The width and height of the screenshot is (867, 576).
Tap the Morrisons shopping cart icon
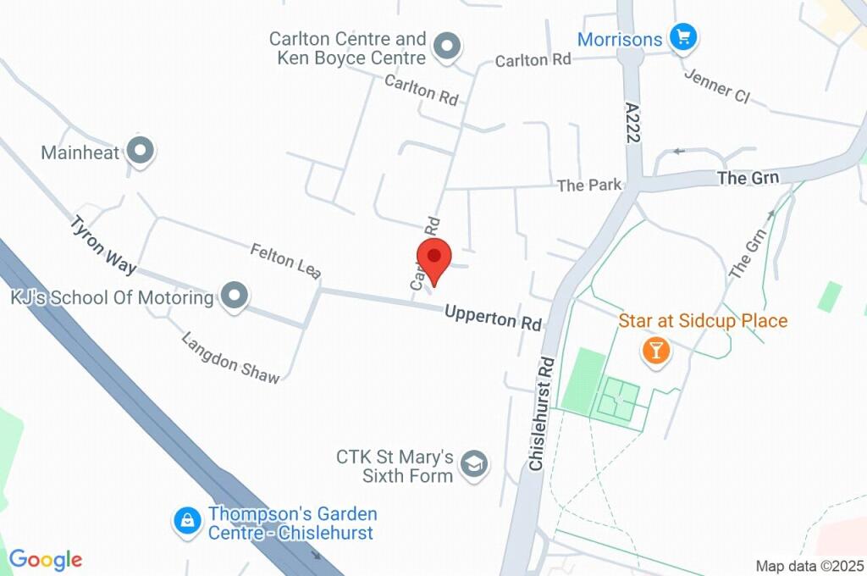click(x=682, y=37)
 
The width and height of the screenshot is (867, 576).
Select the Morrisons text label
click(x=620, y=39)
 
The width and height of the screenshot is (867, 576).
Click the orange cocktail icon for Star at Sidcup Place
click(x=655, y=349)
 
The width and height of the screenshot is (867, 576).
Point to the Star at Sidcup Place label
click(x=703, y=321)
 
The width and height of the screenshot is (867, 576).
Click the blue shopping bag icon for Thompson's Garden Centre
click(x=185, y=522)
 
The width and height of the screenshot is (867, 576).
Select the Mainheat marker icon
click(x=141, y=152)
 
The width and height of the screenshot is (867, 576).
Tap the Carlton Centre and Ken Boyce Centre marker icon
click(x=445, y=46)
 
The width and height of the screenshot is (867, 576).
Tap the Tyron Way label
click(x=103, y=246)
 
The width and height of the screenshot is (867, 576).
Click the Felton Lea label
click(x=285, y=261)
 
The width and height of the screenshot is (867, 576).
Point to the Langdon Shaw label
click(x=229, y=357)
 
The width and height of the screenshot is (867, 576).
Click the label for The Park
click(x=589, y=185)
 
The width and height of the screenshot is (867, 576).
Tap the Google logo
click(x=46, y=559)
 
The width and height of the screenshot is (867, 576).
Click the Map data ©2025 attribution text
click(x=809, y=566)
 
